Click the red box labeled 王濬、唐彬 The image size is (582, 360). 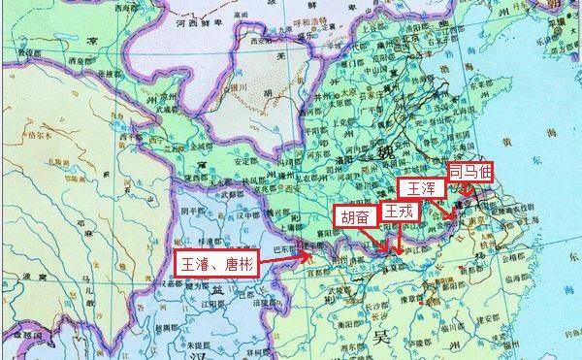tap(216, 264)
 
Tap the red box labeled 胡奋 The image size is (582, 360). tap(355, 215)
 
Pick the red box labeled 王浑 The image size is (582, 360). tap(419, 187)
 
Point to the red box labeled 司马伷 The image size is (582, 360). tap(469, 170)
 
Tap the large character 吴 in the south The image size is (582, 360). tap(379, 337)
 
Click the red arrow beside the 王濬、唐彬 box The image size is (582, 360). tap(305, 256)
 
